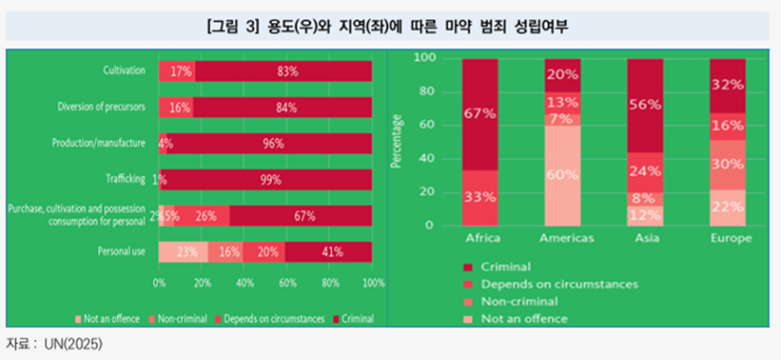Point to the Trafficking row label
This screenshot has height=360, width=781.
point(125,180)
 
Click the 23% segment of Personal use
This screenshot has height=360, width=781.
point(182,252)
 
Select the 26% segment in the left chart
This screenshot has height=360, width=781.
point(206,216)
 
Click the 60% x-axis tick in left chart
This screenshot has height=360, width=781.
point(287,283)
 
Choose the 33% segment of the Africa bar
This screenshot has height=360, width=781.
point(480,197)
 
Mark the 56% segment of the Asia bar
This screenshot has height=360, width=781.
point(644,106)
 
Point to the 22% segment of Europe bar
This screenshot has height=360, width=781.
point(726,207)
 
